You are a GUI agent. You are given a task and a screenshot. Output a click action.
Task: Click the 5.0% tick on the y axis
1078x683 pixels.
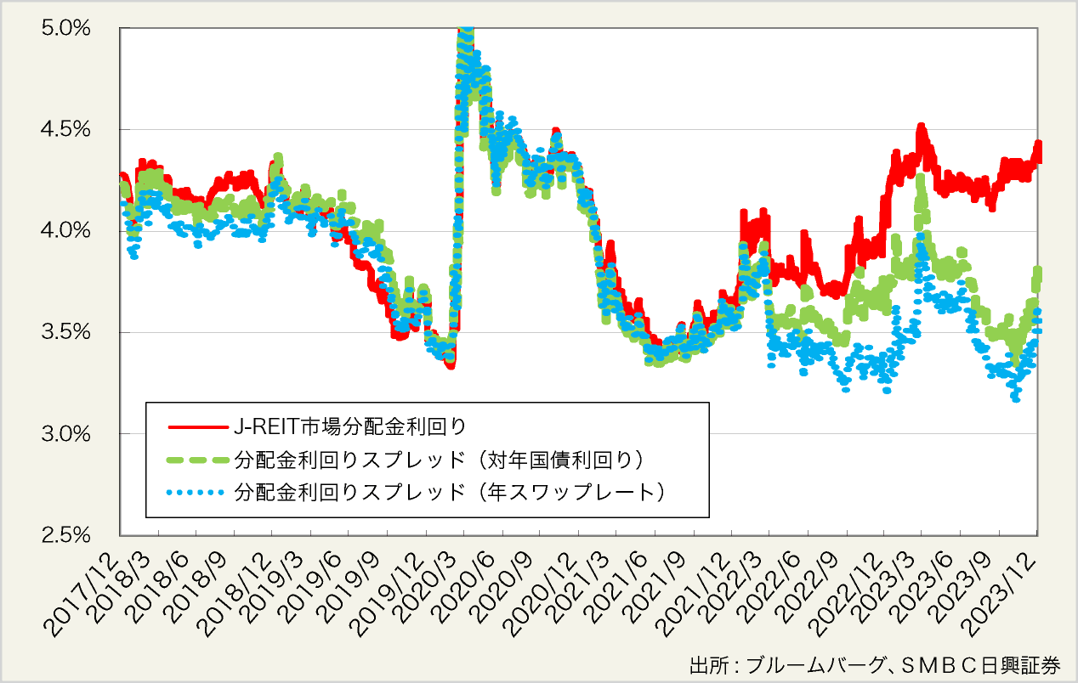point(66,29)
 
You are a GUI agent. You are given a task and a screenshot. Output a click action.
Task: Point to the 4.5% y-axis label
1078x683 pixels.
point(66,130)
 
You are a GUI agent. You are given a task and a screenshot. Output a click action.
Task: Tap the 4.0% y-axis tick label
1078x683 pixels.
point(66,231)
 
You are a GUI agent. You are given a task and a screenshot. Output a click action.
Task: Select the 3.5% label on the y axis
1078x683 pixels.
point(66,332)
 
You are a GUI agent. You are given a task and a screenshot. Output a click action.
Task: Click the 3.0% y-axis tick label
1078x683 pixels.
point(66,434)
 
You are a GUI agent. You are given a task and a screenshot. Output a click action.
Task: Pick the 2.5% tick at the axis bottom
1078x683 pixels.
point(66,535)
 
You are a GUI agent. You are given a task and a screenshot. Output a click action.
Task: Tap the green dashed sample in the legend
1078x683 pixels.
point(197,460)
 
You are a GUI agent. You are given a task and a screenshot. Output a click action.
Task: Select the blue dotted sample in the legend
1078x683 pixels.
point(197,492)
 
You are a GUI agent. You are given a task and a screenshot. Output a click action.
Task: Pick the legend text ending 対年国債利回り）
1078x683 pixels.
point(442,460)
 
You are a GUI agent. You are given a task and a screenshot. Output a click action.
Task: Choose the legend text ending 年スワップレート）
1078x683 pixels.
point(451,492)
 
